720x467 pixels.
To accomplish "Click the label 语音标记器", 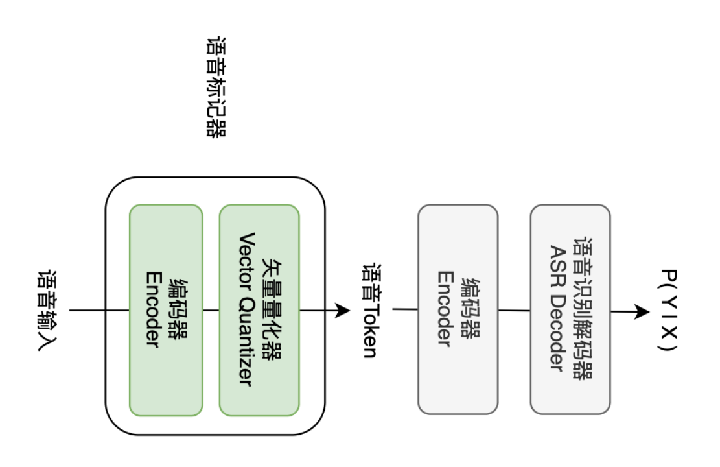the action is (x=216, y=87).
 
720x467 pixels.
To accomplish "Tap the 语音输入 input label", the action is (x=48, y=311).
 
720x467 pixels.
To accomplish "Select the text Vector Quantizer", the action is (x=246, y=310).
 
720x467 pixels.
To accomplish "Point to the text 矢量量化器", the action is (x=272, y=310).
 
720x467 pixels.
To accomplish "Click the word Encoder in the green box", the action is (x=154, y=310).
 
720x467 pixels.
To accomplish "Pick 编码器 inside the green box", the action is (x=179, y=310).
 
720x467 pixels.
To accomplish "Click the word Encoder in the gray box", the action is (x=445, y=309).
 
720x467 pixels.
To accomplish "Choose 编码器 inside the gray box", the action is (x=470, y=309).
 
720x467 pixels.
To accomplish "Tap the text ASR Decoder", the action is (x=558, y=309).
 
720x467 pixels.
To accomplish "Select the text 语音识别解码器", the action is (x=583, y=309).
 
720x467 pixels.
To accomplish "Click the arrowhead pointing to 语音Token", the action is (x=343, y=310).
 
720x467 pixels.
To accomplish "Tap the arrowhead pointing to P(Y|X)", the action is (x=642, y=312).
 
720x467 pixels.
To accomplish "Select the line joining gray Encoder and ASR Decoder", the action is (x=515, y=310).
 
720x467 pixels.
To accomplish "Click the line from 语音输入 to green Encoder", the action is (x=99, y=310).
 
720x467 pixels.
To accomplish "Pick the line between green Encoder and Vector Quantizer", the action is (x=211, y=310).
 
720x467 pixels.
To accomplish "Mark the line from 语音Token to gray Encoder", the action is (x=405, y=309).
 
